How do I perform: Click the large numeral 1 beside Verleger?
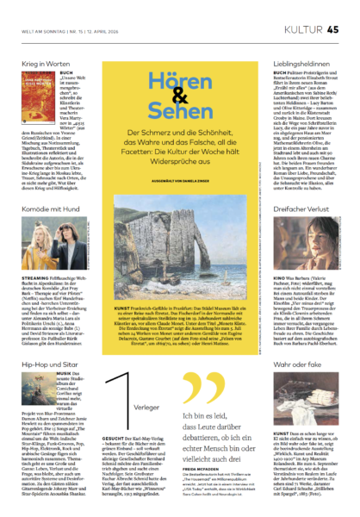[118, 361]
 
